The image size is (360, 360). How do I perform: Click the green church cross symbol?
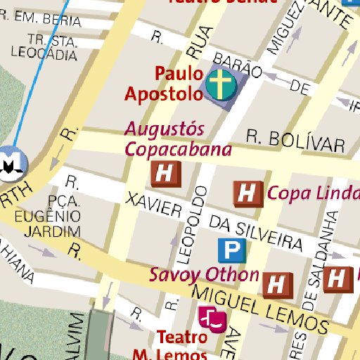(221, 86)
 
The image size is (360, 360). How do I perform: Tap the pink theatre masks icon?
(212, 319)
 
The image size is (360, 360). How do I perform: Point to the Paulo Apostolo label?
(164, 83)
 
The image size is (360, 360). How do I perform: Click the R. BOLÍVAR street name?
(296, 141)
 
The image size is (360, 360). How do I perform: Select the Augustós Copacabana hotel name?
(178, 139)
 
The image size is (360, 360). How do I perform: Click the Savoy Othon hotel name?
(203, 274)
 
